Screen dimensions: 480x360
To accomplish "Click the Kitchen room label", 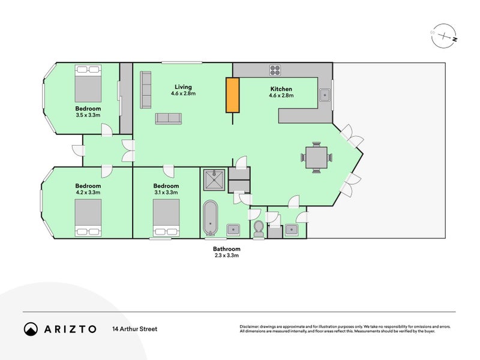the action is pyautogui.click(x=281, y=89).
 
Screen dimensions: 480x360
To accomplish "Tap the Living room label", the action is pyautogui.click(x=183, y=87).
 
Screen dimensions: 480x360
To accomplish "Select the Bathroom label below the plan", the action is pyautogui.click(x=227, y=249).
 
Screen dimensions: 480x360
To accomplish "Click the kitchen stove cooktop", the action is pyautogui.click(x=275, y=70).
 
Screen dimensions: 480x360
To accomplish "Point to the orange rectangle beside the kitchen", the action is pyautogui.click(x=232, y=95).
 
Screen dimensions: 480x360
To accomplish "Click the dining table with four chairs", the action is pyautogui.click(x=317, y=157).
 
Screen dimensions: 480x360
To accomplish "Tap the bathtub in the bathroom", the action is pyautogui.click(x=211, y=217).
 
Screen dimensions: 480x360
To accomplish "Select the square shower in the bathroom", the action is pyautogui.click(x=214, y=181).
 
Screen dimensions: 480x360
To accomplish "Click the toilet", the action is pyautogui.click(x=259, y=229).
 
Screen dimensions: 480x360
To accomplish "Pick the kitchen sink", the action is pyautogui.click(x=325, y=95).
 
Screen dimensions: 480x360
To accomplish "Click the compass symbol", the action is pyautogui.click(x=444, y=36).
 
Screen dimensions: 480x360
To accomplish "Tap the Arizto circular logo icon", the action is pyautogui.click(x=31, y=329).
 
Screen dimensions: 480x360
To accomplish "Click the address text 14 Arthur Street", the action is pyautogui.click(x=134, y=329).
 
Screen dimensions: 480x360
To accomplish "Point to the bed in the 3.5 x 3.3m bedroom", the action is pyautogui.click(x=88, y=83).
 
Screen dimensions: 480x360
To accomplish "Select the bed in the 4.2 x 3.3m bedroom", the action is pyautogui.click(x=88, y=218).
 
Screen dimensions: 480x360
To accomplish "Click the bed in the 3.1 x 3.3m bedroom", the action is pyautogui.click(x=166, y=218).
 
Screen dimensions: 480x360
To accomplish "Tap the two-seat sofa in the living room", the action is pyautogui.click(x=169, y=119).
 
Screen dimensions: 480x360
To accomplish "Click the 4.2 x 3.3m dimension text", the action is pyautogui.click(x=88, y=193).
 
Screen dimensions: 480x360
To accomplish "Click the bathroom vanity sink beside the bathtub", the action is pyautogui.click(x=233, y=229).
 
